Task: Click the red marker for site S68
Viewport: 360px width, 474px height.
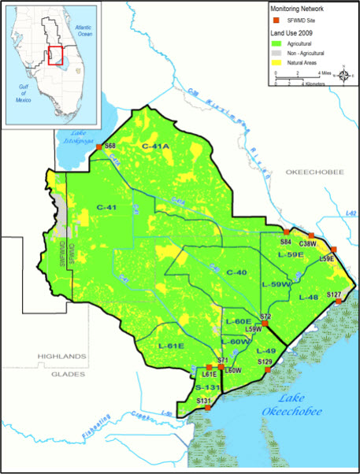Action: coord(98,147)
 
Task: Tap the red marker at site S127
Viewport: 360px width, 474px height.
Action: coord(338,301)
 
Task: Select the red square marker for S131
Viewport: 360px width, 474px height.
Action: coord(208,408)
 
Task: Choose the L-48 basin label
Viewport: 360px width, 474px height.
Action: coord(308,297)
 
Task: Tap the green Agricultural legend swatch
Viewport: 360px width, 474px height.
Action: coord(276,44)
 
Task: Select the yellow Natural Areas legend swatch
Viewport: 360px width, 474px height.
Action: coord(276,61)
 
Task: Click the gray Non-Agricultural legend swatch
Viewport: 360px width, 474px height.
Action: coord(276,53)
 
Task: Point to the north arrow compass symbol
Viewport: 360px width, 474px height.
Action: coord(344,76)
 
